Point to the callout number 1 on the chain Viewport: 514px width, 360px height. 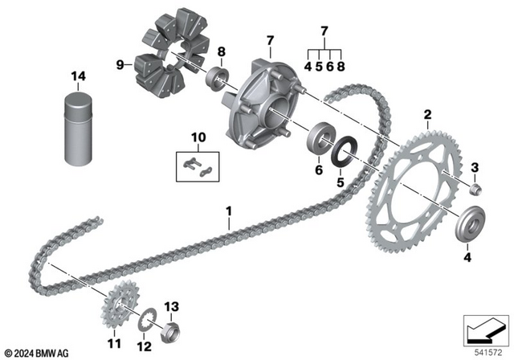(x=229, y=212)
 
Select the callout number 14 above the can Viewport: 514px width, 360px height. (x=78, y=77)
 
